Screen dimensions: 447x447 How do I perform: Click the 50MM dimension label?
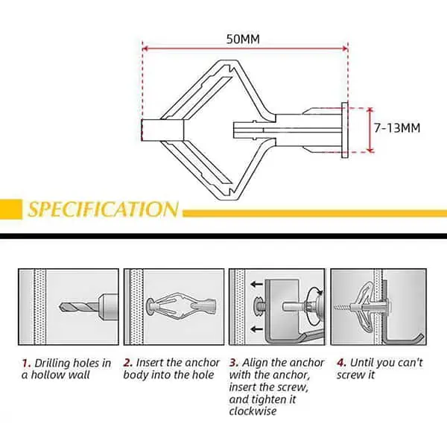(x=243, y=39)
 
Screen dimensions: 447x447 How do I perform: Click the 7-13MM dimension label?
(x=397, y=127)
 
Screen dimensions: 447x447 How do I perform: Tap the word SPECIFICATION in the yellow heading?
(x=104, y=209)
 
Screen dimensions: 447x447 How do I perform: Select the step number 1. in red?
(x=26, y=364)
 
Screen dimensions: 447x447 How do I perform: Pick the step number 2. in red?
(x=128, y=363)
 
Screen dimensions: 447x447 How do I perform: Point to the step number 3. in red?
(x=234, y=363)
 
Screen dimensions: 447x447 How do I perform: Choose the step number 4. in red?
(x=341, y=363)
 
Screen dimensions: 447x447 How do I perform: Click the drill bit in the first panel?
(x=79, y=307)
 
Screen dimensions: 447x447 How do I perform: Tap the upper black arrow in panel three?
(x=256, y=284)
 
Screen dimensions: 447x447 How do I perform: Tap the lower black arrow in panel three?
(x=256, y=329)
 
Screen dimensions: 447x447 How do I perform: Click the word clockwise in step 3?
(x=253, y=411)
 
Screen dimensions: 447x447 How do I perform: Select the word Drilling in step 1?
(x=54, y=364)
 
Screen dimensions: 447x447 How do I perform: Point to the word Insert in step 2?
(x=150, y=363)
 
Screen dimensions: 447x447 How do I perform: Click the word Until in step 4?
(x=362, y=363)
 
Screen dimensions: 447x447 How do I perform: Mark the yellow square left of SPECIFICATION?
(x=11, y=209)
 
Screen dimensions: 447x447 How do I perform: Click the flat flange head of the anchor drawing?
(x=345, y=130)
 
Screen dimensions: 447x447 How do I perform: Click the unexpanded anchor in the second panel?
(x=181, y=305)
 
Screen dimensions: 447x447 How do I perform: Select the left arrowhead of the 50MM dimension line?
(x=145, y=48)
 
